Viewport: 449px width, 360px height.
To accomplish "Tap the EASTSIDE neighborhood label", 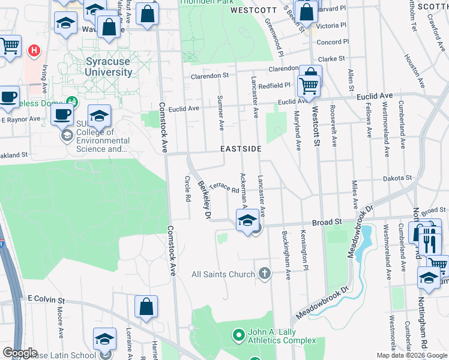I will pos(241,148).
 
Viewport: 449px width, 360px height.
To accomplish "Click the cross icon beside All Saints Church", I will pos(264,274).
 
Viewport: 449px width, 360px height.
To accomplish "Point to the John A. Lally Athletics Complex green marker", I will pos(239,334).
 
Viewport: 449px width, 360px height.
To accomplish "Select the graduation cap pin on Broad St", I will pos(247,221).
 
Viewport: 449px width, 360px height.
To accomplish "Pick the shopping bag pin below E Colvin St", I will pos(146,307).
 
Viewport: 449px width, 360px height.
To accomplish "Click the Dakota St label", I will pos(399,178).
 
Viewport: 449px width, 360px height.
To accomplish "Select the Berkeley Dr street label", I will pos(205,200).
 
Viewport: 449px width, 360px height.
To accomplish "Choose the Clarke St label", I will pos(331,59).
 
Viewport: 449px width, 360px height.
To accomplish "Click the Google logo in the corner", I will pos(20,353).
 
